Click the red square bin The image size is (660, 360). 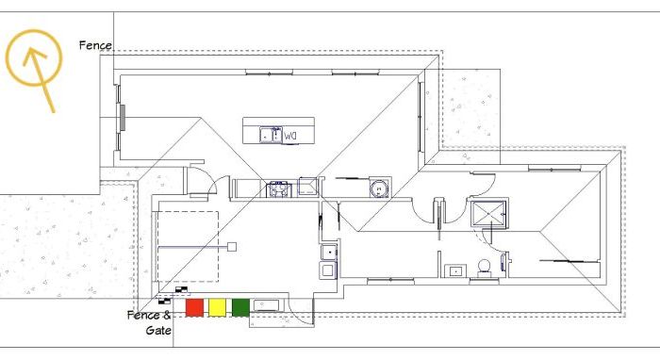[x=194, y=307]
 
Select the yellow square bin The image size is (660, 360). [x=218, y=307]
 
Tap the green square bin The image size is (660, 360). [x=240, y=307]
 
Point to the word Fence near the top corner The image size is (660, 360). [x=95, y=45]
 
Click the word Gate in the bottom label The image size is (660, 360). [x=158, y=331]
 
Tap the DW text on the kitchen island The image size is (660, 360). [x=290, y=137]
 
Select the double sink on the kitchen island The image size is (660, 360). [x=271, y=135]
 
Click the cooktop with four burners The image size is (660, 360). [x=278, y=188]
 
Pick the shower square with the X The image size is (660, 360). [x=488, y=215]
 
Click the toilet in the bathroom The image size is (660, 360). [x=484, y=269]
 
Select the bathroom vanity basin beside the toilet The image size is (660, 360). [x=455, y=271]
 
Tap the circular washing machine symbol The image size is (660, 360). [x=379, y=188]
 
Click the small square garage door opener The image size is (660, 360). [x=232, y=247]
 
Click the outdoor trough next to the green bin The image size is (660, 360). [x=266, y=305]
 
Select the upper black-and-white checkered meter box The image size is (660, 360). [x=182, y=289]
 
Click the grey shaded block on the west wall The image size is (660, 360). [x=123, y=118]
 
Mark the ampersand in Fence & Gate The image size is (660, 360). [x=166, y=316]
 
